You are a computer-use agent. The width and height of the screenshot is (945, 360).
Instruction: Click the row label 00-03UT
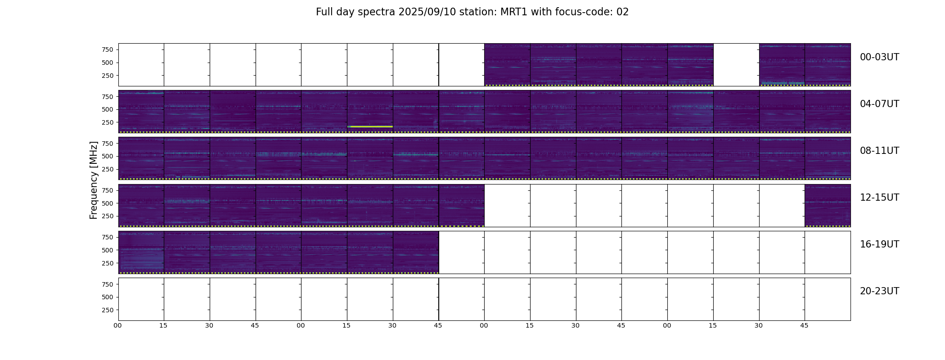879,57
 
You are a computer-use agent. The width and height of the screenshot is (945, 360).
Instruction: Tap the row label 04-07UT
879,104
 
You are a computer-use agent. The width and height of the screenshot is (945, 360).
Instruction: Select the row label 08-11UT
879,151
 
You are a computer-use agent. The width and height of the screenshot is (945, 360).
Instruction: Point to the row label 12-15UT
879,198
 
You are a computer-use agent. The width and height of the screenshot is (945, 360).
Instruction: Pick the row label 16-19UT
879,244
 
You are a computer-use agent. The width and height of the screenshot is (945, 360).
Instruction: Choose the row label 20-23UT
879,291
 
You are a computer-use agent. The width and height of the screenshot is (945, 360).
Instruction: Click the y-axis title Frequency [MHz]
94,180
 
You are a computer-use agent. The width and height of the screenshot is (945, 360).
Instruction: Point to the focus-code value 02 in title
622,12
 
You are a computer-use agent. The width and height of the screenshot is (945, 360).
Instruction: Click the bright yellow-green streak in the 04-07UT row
370,126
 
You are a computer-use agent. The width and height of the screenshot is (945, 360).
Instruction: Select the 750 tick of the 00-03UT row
108,49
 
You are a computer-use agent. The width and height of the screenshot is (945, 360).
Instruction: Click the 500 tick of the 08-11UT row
108,156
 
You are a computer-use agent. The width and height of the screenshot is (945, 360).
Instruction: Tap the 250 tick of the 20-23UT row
108,310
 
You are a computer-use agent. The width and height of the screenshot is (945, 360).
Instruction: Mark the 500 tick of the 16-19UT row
108,250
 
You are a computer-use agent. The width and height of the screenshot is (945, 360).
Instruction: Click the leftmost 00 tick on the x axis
117,326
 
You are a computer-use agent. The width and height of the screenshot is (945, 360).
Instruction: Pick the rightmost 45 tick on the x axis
804,326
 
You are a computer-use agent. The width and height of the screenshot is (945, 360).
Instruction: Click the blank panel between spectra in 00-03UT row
736,65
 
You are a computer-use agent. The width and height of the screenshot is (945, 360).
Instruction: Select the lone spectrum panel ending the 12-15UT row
828,206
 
